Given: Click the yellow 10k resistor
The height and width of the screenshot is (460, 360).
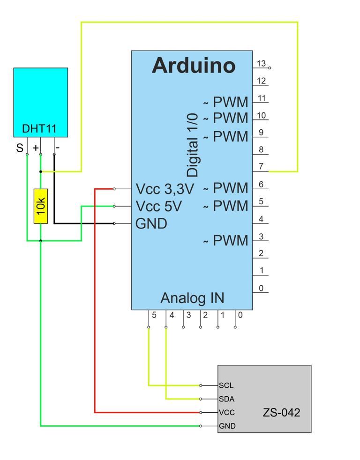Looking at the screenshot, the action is tap(41, 206).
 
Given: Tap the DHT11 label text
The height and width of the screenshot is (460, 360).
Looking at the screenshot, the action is tap(39, 128).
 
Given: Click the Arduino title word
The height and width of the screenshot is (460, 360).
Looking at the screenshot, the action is tap(194, 66).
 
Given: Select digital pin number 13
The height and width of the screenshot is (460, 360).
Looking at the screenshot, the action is tap(261, 63).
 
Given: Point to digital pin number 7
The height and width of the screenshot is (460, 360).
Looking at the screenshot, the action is tap(261, 166).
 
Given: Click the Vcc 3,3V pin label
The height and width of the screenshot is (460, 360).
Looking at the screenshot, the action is tap(165, 189).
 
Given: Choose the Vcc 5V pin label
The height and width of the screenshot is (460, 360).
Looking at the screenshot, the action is tap(158, 206).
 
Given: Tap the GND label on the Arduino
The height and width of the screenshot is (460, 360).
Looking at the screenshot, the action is tap(151, 223).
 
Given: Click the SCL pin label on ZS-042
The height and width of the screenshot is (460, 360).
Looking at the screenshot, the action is tap(226, 386).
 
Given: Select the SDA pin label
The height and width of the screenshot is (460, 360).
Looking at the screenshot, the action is tap(226, 399).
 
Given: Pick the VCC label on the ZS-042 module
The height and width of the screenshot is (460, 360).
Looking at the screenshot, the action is tap(227, 413).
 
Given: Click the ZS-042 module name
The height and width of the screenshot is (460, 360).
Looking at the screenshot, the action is tap(281, 413).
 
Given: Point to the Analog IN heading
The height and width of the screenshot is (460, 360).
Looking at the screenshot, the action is tap(192, 298).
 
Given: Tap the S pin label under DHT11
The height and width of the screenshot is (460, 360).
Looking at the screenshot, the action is tap(20, 148).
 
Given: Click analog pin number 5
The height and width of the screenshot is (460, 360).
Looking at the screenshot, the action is tap(154, 315).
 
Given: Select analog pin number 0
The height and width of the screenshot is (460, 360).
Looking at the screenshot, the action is tap(240, 315).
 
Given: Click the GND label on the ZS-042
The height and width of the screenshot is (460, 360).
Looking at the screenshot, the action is tap(227, 426).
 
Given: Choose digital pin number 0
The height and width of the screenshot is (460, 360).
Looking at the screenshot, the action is tap(261, 289).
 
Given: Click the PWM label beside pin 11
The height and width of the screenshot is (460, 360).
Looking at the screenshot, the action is tap(230, 102).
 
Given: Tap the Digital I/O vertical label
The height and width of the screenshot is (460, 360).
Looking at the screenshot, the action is tap(193, 145).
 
